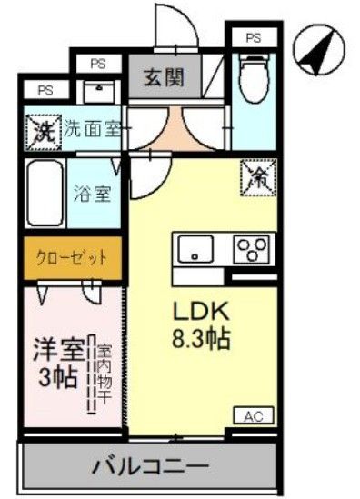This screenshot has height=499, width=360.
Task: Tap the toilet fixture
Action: click(253, 76)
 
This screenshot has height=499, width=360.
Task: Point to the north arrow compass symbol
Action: click(318, 53)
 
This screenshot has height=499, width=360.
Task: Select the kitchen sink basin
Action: click(194, 247)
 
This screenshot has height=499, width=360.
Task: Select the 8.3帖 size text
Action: click(201, 340)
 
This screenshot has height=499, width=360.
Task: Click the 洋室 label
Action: click(60, 348)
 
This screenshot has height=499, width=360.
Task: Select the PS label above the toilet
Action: click(254, 37)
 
